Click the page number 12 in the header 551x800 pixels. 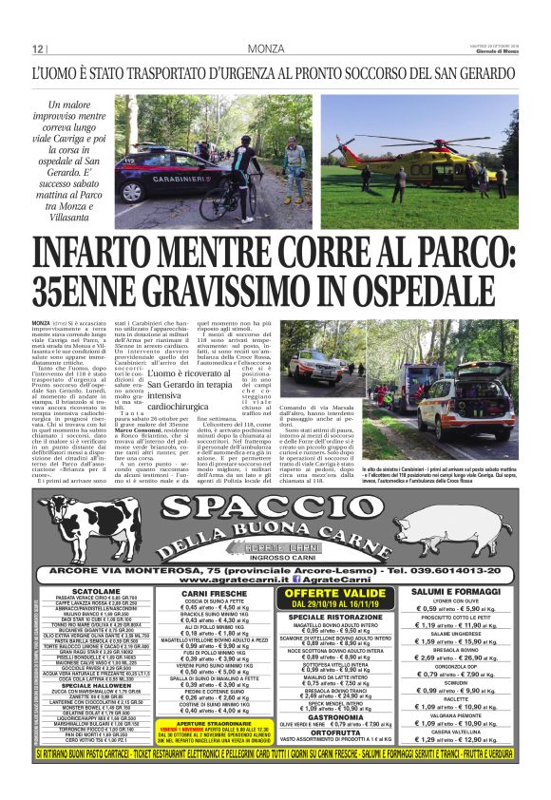(38, 49)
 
